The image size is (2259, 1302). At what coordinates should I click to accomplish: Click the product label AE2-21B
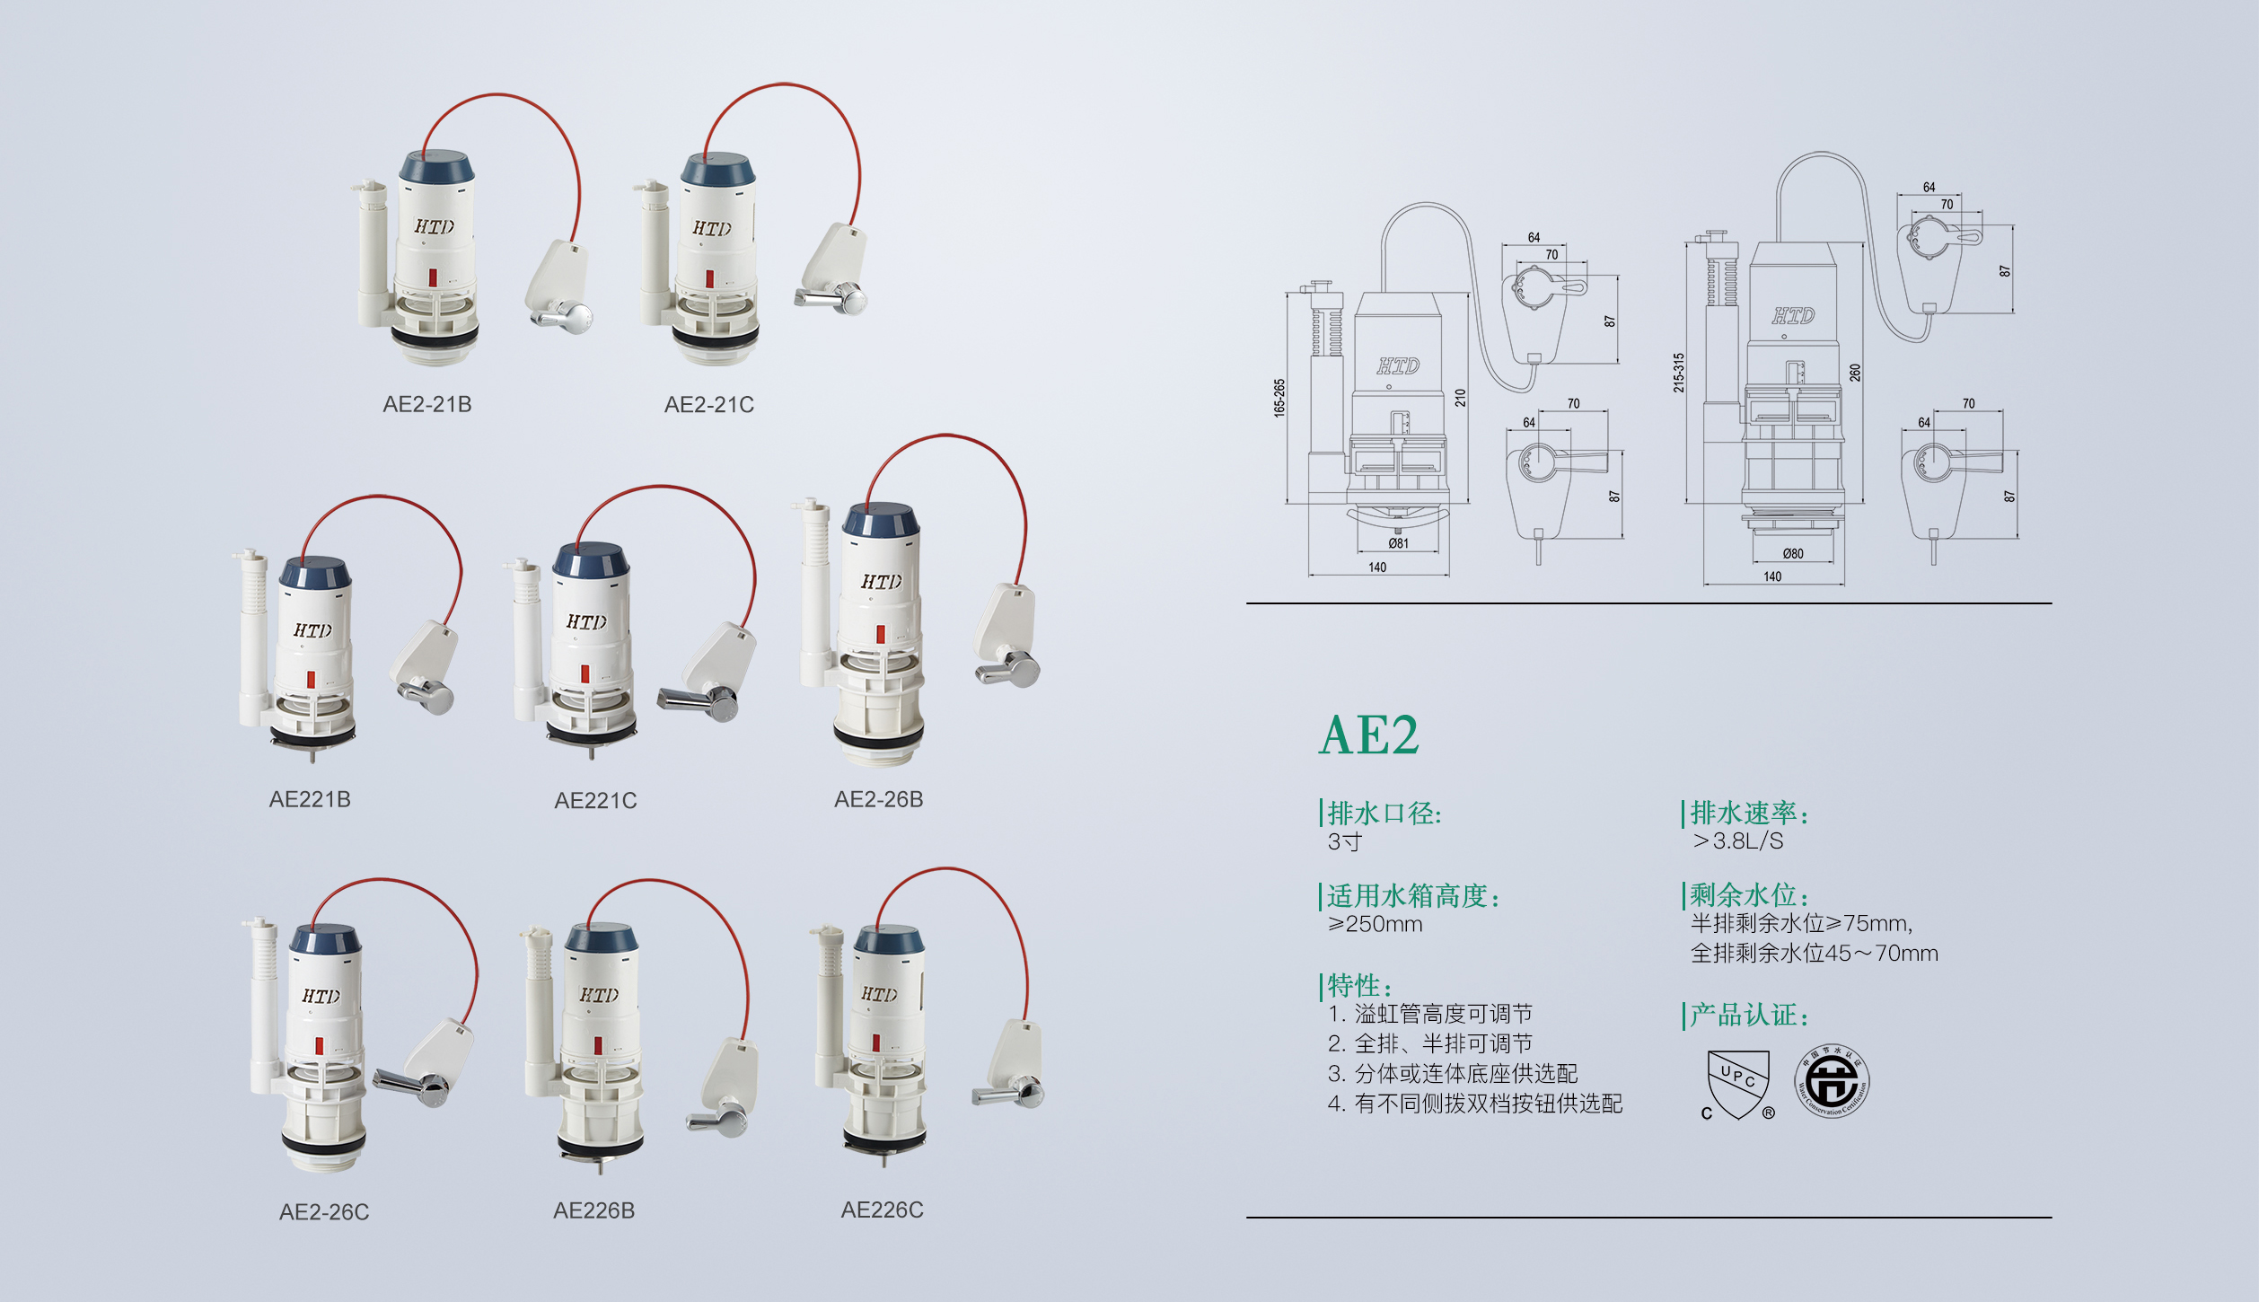(427, 404)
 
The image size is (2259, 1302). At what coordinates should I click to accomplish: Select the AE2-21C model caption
(709, 405)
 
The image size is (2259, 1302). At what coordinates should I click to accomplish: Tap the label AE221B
(310, 799)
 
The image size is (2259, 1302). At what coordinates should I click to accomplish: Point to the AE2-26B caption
(879, 799)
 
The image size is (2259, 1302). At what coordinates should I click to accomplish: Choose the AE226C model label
(882, 1210)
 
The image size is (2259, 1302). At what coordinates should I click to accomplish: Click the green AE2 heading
(1369, 735)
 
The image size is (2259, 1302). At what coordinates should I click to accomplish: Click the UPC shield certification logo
(1738, 1085)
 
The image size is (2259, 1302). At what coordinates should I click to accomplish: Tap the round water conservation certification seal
(1832, 1081)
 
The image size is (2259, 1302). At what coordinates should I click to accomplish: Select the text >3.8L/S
(1738, 841)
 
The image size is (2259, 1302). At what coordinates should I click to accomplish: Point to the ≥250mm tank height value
(1376, 924)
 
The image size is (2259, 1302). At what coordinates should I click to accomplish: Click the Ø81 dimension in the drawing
(1398, 543)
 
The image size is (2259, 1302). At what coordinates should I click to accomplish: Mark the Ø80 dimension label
(1793, 553)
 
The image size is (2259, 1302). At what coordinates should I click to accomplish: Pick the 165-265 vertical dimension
(1279, 397)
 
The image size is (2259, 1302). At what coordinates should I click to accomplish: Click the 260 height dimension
(1855, 373)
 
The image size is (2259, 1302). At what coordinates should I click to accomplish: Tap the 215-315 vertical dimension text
(1679, 372)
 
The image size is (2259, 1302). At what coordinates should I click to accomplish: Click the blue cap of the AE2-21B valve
(436, 169)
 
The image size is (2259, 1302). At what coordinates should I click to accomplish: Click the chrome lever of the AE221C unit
(699, 699)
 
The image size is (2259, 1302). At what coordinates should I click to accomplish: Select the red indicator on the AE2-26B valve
(881, 634)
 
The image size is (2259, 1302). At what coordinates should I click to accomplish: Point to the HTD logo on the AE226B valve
(599, 995)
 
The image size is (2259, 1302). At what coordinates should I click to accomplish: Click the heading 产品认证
(1749, 1016)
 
